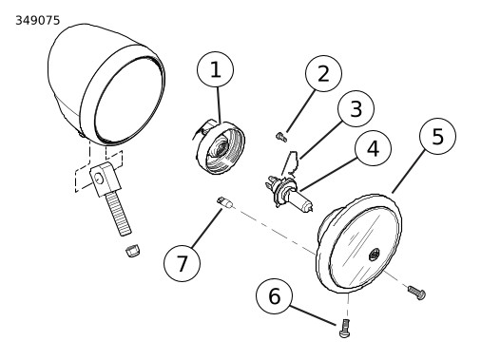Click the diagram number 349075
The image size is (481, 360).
(38, 21)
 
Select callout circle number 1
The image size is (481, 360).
(216, 69)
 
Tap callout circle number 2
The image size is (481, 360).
(323, 73)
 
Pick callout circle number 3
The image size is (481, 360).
(356, 108)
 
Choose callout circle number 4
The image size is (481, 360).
(374, 148)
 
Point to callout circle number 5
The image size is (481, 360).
(437, 136)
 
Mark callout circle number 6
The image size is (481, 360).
(275, 296)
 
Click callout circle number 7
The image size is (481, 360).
(182, 263)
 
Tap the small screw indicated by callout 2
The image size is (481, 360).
(280, 137)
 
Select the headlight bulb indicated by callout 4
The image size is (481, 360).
(288, 193)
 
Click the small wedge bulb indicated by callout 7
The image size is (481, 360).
(225, 202)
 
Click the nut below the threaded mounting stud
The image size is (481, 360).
(132, 250)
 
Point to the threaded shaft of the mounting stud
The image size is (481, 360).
(118, 213)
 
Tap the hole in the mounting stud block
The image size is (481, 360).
(99, 179)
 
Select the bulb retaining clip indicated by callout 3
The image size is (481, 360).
(292, 163)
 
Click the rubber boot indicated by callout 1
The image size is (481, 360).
(220, 147)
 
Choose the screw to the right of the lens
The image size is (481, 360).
(416, 293)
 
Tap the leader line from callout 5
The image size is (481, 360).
(408, 171)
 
